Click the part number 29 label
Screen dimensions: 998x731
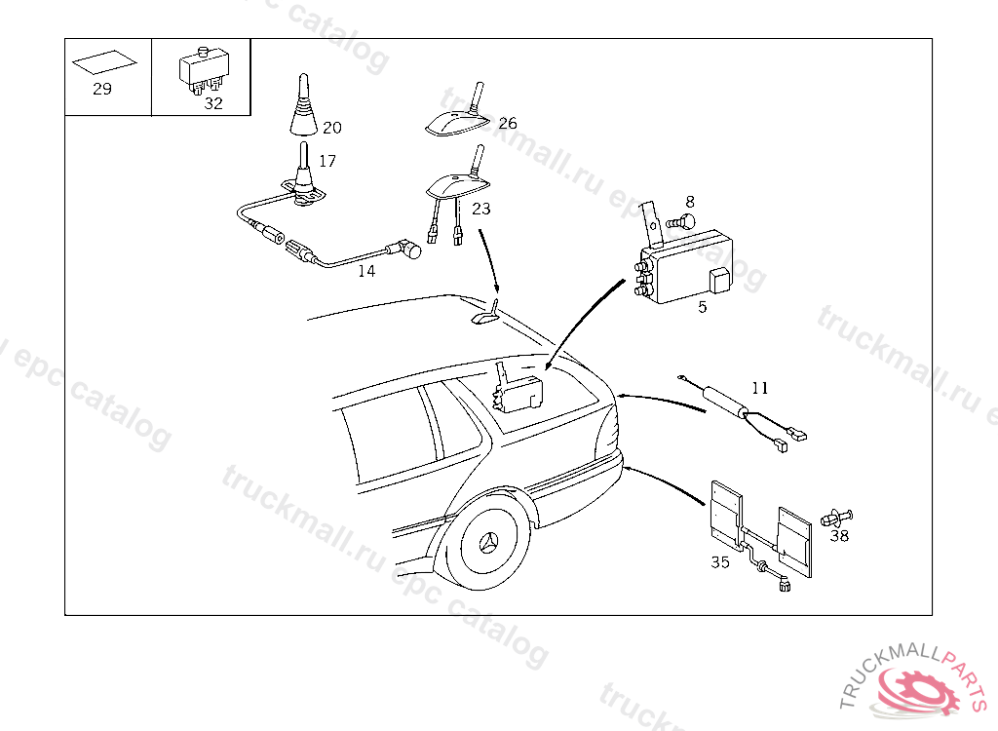[102, 90]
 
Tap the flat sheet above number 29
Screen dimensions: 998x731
[104, 63]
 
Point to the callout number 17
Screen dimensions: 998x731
[326, 161]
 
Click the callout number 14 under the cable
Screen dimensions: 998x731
[365, 271]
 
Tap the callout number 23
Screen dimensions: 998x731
[480, 209]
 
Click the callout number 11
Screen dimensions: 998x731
[760, 388]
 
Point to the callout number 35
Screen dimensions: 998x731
[720, 562]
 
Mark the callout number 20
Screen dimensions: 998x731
[332, 128]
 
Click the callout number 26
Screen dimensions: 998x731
[508, 124]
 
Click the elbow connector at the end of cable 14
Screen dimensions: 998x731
[409, 250]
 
